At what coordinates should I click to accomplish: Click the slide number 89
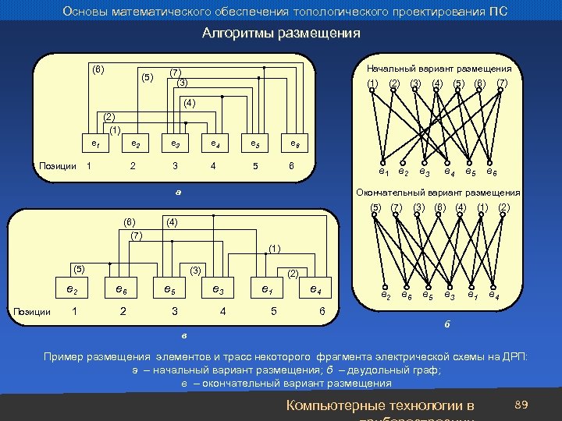521,403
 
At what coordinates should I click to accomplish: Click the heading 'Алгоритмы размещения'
281,34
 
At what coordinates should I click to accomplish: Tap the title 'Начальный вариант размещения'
439,68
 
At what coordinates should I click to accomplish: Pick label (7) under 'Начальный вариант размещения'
502,83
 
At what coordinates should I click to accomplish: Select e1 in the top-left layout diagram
94,143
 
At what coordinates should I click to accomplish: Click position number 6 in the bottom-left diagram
322,311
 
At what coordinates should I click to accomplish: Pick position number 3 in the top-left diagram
175,165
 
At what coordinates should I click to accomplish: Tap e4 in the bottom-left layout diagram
315,289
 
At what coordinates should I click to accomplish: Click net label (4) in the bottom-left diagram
171,222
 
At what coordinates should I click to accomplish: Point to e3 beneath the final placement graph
449,295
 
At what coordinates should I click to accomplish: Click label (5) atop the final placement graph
375,207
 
